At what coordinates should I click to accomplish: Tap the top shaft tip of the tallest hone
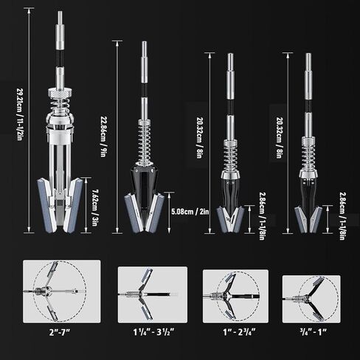pos(60,16)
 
